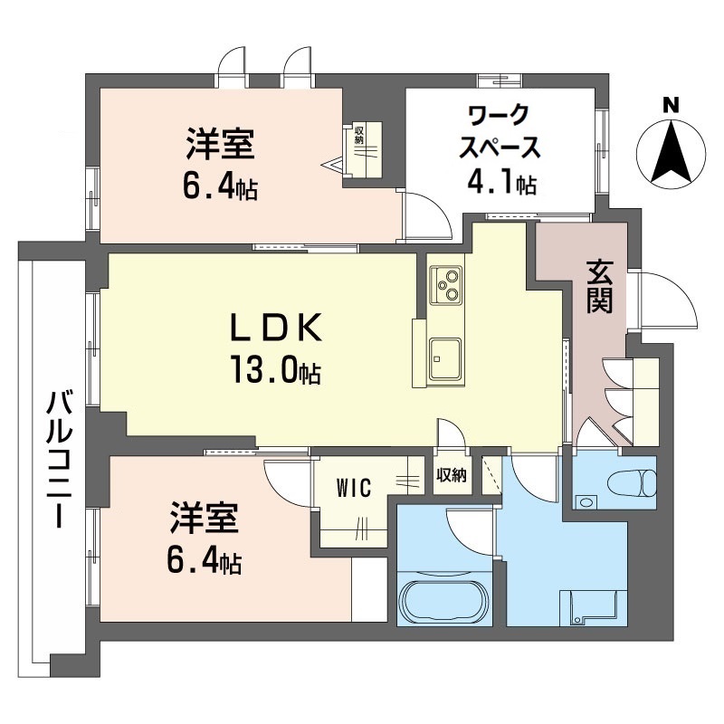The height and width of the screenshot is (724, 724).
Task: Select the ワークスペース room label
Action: [x=500, y=132]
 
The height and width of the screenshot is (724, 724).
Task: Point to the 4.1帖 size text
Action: [x=500, y=184]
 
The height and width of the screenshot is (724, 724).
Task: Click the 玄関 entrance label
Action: [x=599, y=287]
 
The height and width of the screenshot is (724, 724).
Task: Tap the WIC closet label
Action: [x=354, y=489]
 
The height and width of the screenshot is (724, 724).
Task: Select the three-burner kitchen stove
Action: [x=445, y=284]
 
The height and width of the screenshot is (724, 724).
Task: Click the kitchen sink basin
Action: [x=445, y=359]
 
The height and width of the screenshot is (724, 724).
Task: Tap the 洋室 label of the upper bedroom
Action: [x=220, y=145]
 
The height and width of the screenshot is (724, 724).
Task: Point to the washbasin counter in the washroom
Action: [x=592, y=606]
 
